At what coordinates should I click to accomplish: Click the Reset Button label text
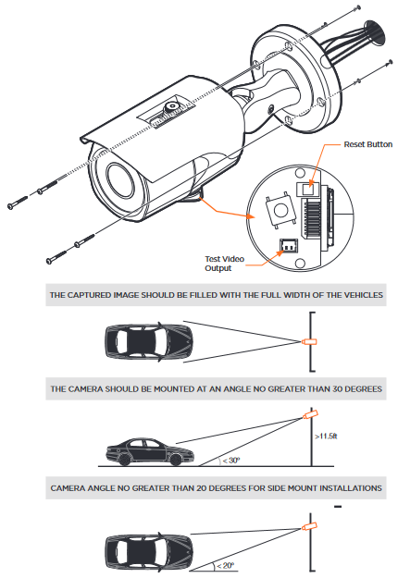[367, 144]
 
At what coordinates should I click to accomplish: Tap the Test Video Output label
[224, 264]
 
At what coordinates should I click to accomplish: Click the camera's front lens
[120, 180]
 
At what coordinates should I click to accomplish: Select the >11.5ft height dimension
[326, 437]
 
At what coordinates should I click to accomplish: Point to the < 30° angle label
[230, 461]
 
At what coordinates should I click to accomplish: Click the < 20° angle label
[225, 565]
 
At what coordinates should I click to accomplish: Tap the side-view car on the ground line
[149, 451]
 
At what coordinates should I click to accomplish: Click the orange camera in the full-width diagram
[309, 341]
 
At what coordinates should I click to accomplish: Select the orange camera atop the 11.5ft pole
[310, 414]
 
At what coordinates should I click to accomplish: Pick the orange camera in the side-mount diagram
[309, 526]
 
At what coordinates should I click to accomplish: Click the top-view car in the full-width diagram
[149, 341]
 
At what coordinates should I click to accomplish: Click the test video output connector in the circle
[289, 245]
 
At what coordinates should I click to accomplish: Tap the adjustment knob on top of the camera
[171, 107]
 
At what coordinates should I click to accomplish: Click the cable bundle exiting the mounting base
[354, 43]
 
